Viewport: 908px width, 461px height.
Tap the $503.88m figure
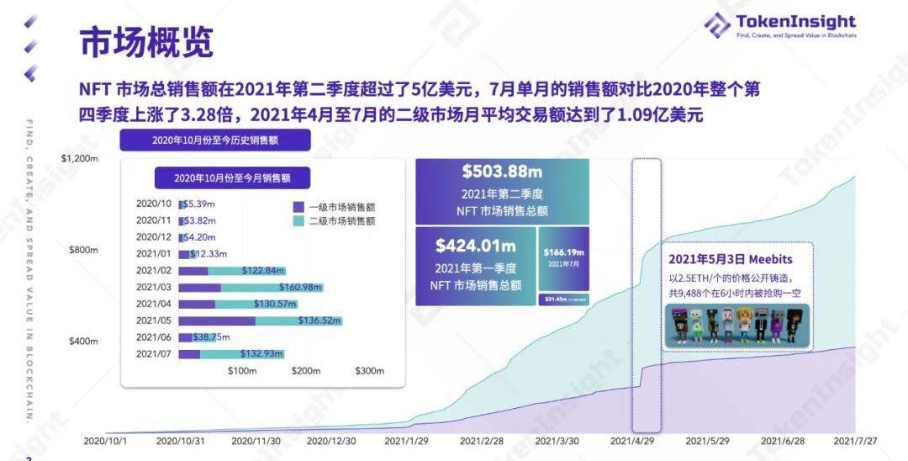click(x=501, y=172)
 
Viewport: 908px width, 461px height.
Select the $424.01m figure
click(x=475, y=246)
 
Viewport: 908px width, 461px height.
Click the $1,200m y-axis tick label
click(x=80, y=158)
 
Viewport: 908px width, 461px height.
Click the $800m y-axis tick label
click(x=83, y=250)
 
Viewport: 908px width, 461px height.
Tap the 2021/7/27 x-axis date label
click(x=854, y=441)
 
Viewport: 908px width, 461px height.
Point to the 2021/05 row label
click(x=153, y=321)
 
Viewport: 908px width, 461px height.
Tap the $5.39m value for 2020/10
click(x=200, y=204)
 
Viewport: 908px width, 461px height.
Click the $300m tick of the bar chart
click(x=369, y=371)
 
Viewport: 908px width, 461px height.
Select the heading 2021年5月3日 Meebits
click(x=731, y=259)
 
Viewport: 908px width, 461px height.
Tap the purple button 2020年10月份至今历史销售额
click(x=215, y=140)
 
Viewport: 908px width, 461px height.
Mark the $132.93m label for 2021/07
click(x=261, y=354)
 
